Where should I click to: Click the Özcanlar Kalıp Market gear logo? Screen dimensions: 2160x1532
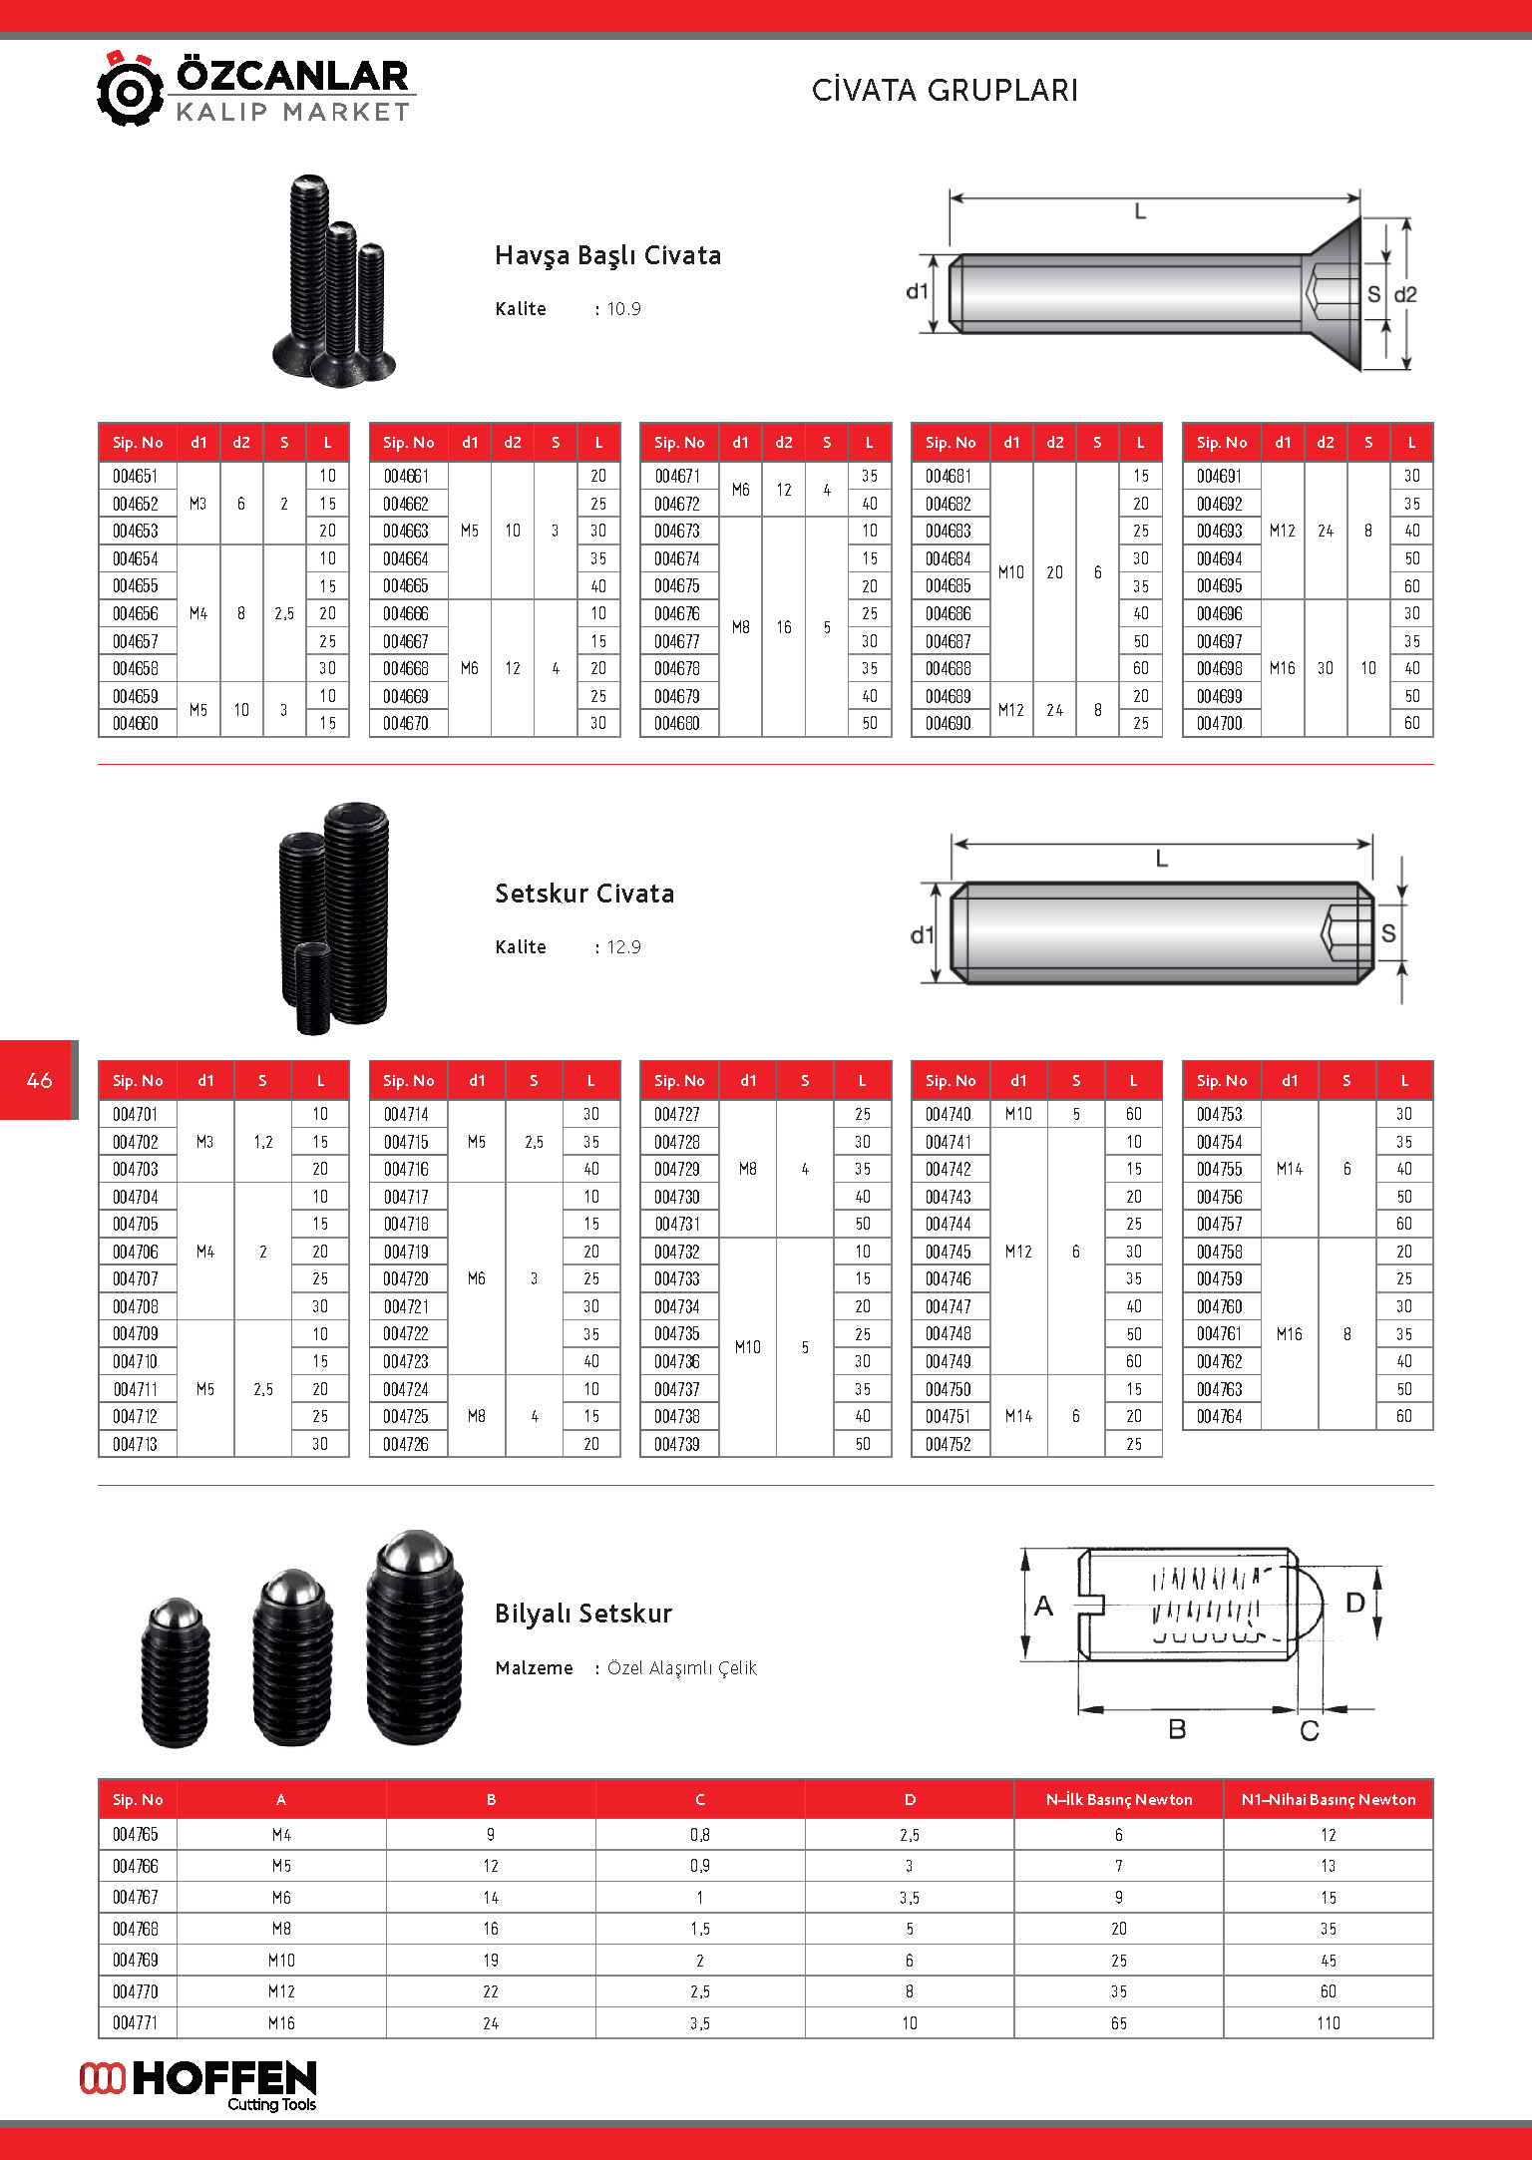click(130, 90)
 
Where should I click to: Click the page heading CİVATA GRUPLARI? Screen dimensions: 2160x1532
click(945, 91)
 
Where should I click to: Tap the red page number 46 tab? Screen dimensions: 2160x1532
click(39, 1080)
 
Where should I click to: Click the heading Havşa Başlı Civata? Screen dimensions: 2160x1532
click(607, 256)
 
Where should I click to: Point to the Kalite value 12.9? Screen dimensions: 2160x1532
click(624, 947)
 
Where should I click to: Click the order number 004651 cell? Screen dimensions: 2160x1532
click(136, 477)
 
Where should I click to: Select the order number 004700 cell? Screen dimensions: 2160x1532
click(1220, 724)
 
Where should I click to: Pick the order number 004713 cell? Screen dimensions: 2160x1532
click(136, 1444)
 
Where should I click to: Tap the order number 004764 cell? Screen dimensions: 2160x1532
click(1220, 1417)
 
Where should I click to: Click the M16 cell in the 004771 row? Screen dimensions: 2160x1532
click(281, 2023)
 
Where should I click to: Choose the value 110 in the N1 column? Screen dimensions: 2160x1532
click(1328, 2023)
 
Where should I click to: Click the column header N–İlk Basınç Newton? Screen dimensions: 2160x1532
click(1118, 1800)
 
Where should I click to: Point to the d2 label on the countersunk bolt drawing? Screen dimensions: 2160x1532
click(1405, 295)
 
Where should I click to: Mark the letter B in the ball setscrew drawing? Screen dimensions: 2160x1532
click(1177, 1729)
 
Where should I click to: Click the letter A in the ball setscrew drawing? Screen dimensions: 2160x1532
click(1043, 1606)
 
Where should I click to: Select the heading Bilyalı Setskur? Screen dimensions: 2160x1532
click(583, 1615)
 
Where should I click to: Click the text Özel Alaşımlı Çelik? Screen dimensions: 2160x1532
click(682, 1668)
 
